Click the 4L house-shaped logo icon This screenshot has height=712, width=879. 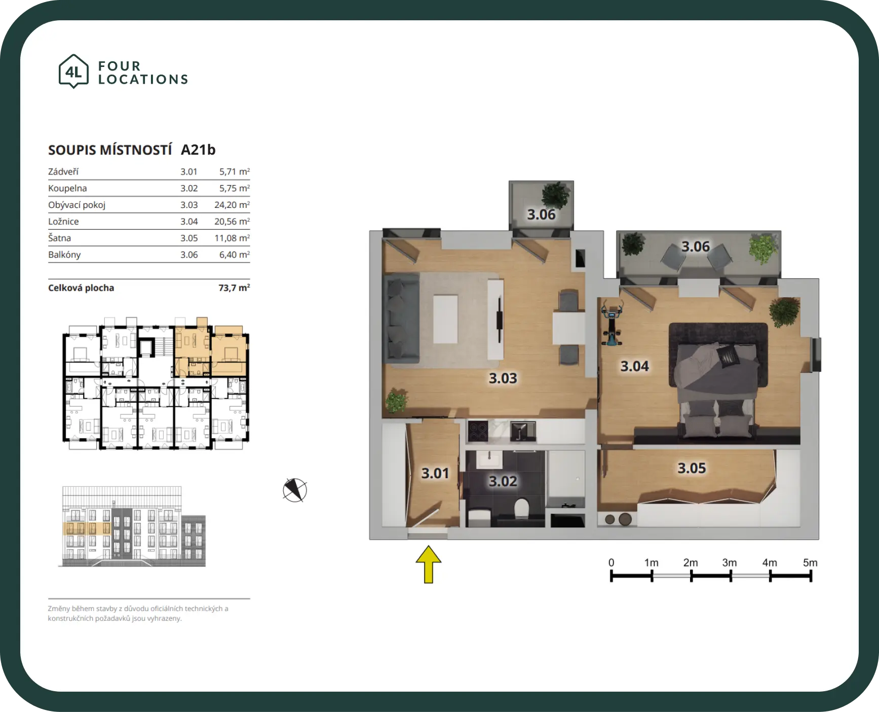pos(74,71)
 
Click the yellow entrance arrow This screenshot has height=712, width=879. pos(429,564)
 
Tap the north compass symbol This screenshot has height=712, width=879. pos(295,490)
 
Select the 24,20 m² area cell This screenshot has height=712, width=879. pos(232,205)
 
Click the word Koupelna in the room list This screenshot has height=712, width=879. pos(67,188)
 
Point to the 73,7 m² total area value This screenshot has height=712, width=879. pos(234,288)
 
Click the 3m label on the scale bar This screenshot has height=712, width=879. pos(730,562)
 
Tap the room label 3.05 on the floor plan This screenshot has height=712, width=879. pos(692,468)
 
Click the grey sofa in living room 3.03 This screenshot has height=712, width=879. pos(402,318)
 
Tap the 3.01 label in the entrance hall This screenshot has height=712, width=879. pos(435,473)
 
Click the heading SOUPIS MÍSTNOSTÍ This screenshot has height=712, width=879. pos(110,150)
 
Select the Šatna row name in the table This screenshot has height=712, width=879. pos(59,238)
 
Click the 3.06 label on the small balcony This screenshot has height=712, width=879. pos(541,215)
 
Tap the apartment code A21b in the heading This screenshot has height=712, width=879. pos(198,150)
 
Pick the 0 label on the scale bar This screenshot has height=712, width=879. pos(611,562)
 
